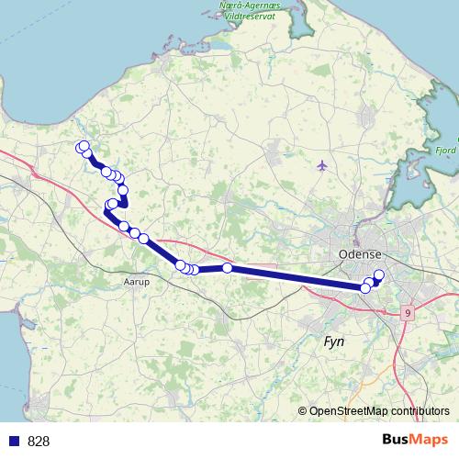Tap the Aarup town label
pos(136,283)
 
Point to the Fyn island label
pos(335,342)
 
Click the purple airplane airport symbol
pos(321,165)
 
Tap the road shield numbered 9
pos(407,313)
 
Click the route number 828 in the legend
pos(39,441)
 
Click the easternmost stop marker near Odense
pos(378,274)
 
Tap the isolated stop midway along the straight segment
pos(227,268)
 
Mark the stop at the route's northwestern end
pos(82,147)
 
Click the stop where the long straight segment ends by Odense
pos(365,288)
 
